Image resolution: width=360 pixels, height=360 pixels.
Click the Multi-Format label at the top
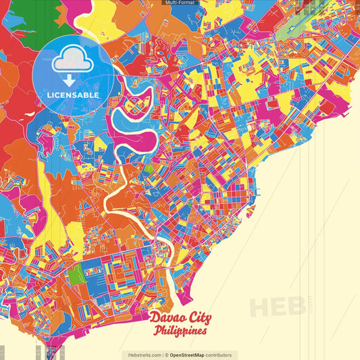click(180, 3)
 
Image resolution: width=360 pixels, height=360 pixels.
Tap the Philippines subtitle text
click(180, 332)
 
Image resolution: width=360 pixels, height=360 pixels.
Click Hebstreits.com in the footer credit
click(142, 355)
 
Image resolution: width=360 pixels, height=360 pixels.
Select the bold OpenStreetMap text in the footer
click(191, 355)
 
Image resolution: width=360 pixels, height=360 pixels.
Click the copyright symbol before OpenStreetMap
click(166, 355)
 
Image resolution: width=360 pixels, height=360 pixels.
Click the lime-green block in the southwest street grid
click(77, 274)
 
